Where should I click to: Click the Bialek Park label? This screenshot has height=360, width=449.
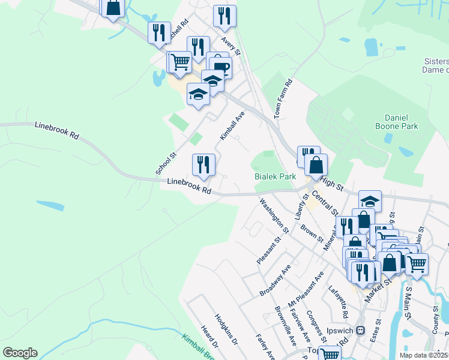275,177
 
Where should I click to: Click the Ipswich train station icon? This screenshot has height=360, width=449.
360,331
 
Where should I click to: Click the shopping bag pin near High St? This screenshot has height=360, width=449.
316,164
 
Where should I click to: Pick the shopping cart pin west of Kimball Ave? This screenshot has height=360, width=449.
179,61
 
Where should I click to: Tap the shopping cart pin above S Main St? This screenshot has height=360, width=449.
417,263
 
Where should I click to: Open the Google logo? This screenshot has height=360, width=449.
20,353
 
